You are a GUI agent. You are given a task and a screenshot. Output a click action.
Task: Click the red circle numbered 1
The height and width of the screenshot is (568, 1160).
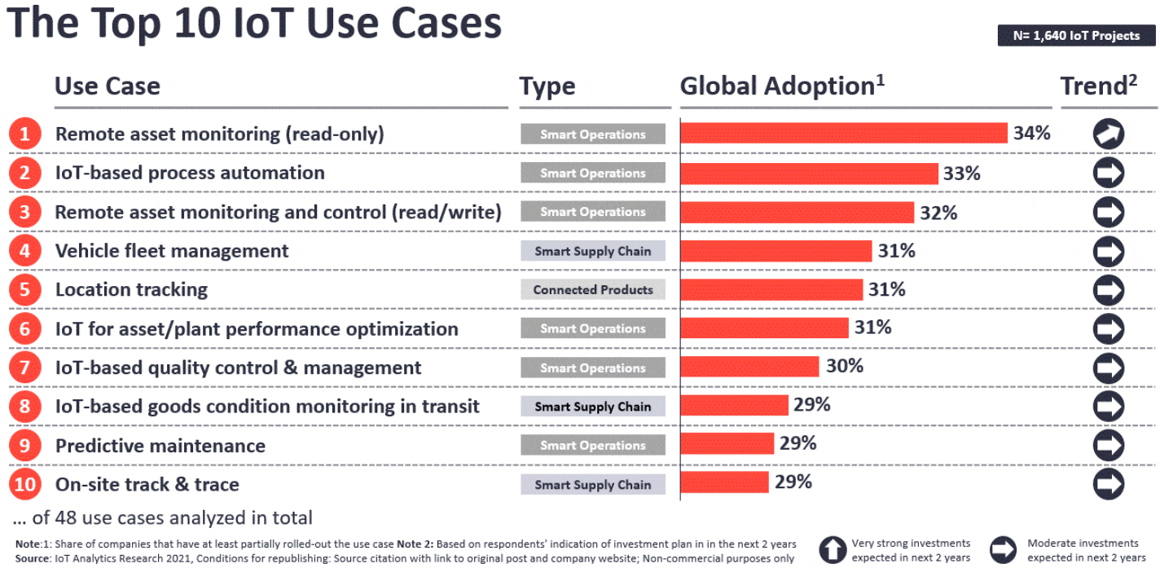point(25,134)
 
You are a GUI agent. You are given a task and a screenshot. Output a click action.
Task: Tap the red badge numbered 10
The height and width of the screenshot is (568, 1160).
point(25,484)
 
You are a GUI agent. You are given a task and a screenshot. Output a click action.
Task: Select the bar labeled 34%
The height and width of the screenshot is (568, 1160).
point(844,133)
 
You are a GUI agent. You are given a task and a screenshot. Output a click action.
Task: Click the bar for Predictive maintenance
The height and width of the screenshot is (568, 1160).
point(727,443)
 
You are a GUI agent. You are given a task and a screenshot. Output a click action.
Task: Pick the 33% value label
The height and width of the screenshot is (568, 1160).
point(962,173)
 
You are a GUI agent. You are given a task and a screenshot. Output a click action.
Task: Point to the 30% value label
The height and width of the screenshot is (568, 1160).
point(845,366)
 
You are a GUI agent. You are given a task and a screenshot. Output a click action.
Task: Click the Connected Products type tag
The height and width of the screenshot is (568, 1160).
point(593,289)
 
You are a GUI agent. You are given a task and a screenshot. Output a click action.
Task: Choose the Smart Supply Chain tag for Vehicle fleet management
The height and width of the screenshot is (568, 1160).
point(593,251)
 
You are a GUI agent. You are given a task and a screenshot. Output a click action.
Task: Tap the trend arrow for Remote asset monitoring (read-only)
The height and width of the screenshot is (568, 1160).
point(1109,134)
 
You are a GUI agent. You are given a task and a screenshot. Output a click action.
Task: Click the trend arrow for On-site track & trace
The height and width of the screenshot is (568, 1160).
point(1109,484)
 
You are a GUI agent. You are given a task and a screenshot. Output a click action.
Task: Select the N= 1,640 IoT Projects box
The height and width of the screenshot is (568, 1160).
point(1077,35)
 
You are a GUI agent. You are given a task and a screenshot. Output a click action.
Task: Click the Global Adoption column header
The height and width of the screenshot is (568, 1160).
point(782,86)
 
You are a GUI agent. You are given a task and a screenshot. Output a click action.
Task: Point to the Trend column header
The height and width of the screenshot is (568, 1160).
point(1099,86)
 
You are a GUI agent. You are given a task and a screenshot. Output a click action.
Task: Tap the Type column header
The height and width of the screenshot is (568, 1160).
point(547,86)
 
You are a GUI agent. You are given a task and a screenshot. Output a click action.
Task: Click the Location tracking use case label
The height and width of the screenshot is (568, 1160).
point(131,289)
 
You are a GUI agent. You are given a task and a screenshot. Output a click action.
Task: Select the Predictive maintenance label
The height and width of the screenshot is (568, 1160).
point(160,446)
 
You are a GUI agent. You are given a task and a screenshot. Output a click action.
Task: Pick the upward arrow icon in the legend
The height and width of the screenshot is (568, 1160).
point(833,549)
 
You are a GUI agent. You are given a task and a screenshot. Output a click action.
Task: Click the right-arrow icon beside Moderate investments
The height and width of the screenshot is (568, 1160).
point(1003,549)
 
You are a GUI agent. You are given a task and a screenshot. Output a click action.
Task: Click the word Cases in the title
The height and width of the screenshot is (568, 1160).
point(446,24)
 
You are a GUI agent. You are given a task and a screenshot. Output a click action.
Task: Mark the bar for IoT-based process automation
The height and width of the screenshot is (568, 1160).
point(810,174)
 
